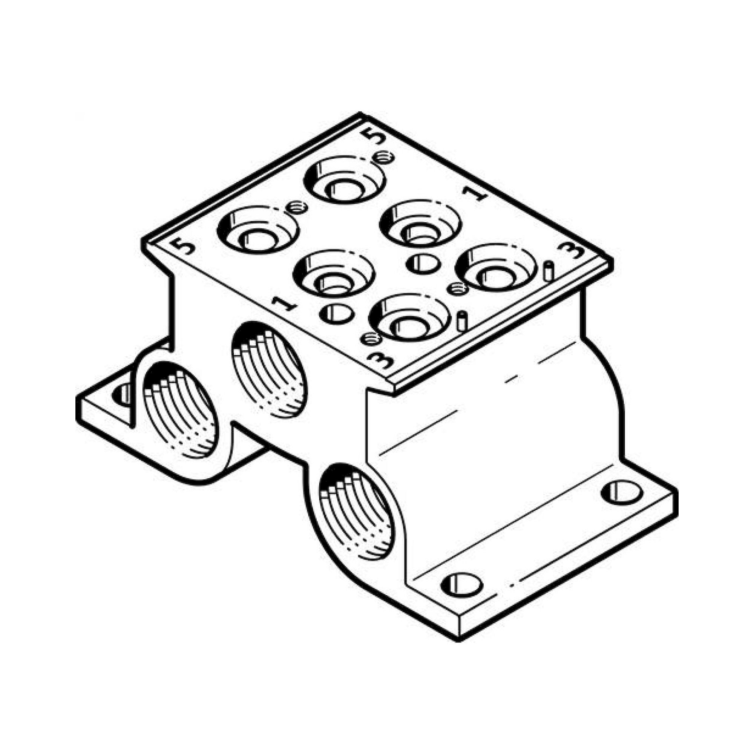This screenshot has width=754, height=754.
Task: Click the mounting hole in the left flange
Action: [x=122, y=394]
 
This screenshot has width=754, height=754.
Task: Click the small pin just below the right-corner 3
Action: [x=548, y=271]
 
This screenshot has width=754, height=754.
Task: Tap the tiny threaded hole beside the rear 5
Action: [x=383, y=157]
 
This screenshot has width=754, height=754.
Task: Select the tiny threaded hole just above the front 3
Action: [x=370, y=339]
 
